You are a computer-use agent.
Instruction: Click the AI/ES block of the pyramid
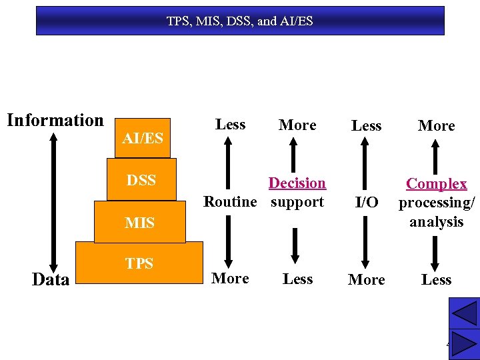(142, 138)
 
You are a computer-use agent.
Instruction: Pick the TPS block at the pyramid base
(139, 264)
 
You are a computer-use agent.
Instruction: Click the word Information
(55, 121)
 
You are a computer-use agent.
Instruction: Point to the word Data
(51, 280)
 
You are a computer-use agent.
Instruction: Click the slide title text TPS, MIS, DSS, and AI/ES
(239, 21)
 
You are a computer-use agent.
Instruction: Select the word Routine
(230, 202)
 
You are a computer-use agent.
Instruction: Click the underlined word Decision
(297, 183)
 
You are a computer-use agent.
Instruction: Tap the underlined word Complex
(437, 184)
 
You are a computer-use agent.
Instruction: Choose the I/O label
(367, 203)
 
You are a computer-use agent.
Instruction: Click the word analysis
(437, 222)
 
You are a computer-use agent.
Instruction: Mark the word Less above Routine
(231, 125)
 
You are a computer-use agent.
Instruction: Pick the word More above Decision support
(297, 125)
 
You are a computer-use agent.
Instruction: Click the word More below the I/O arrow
(367, 280)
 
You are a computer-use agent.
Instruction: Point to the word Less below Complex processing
(437, 280)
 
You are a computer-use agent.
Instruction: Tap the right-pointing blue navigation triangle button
(464, 344)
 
